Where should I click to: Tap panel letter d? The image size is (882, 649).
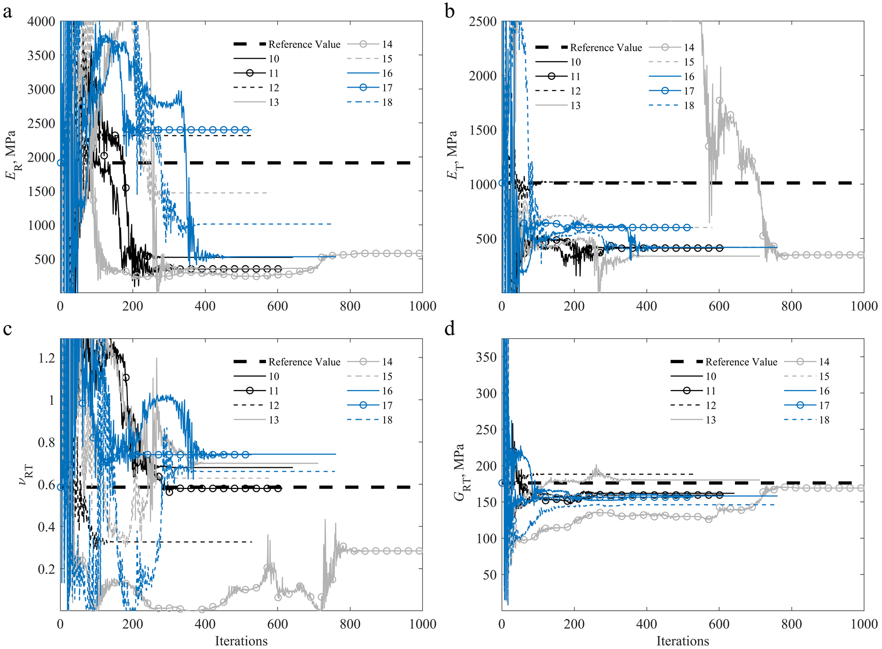point(450,329)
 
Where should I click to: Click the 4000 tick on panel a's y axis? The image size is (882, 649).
point(41,22)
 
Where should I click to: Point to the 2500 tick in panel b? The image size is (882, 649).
point(482,22)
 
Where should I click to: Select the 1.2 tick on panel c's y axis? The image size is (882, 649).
point(46,358)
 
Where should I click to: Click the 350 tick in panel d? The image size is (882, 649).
point(487,357)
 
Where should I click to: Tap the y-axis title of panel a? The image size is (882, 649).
point(11,155)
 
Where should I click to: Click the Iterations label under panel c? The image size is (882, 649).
point(241,641)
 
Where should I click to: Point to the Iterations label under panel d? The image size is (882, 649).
point(683,641)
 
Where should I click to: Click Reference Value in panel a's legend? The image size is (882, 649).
point(304,45)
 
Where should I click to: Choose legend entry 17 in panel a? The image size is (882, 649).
point(387,88)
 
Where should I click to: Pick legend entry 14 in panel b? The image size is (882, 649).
point(689,48)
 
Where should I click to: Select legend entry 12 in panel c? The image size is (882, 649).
point(274,406)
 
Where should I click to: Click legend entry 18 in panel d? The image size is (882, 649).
point(824,420)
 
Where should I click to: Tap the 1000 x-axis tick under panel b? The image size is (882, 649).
point(864,306)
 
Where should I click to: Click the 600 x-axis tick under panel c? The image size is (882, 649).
point(277,624)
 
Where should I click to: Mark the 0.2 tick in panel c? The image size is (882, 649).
point(46,569)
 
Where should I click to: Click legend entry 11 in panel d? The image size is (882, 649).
point(711,391)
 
